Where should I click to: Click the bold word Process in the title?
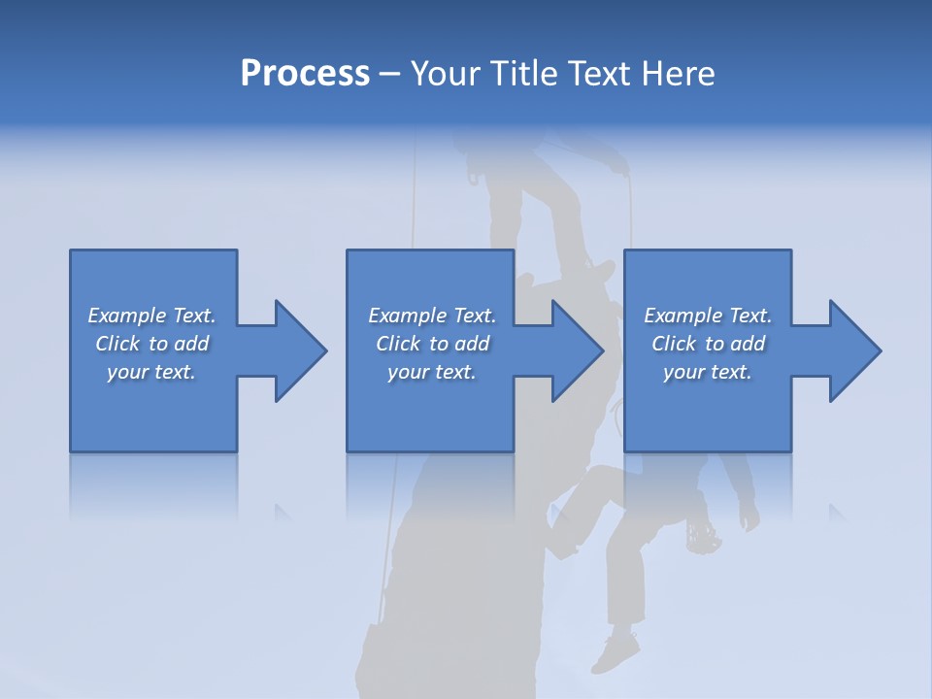click(305, 74)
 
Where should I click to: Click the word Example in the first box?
click(127, 316)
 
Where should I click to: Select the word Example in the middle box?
click(408, 316)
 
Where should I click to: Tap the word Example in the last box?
click(683, 316)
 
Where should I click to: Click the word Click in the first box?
click(116, 344)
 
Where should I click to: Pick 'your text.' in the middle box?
click(431, 372)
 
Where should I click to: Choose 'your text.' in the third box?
click(707, 372)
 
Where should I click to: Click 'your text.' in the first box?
click(151, 372)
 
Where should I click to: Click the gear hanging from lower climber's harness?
click(701, 536)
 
